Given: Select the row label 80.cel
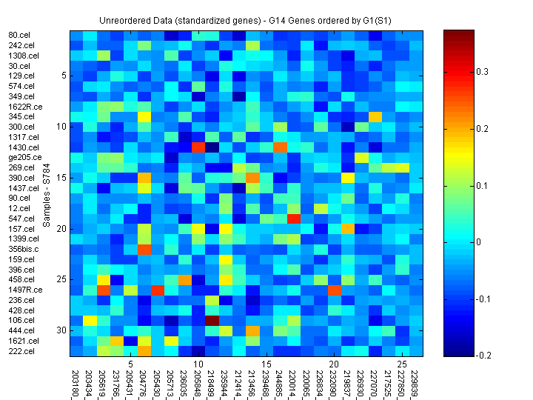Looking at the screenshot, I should [x=19, y=36].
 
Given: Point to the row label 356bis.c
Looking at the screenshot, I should [x=23, y=249].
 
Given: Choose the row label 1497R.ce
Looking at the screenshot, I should [x=25, y=290].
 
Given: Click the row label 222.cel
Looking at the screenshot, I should [x=19, y=350].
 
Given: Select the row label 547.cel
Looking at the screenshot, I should [x=19, y=219].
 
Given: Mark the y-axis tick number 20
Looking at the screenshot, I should [x=62, y=229].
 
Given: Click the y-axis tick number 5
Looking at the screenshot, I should [x=64, y=76].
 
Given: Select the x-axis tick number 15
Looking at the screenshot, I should [x=266, y=364].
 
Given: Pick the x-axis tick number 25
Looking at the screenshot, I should [x=401, y=364].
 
